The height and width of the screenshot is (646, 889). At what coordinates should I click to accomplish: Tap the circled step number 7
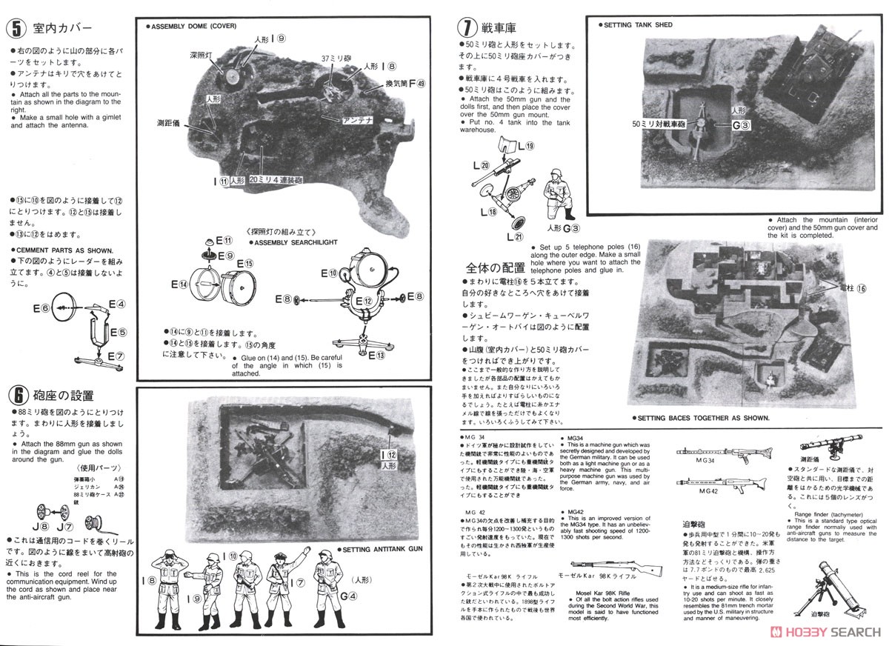tap(465, 29)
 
